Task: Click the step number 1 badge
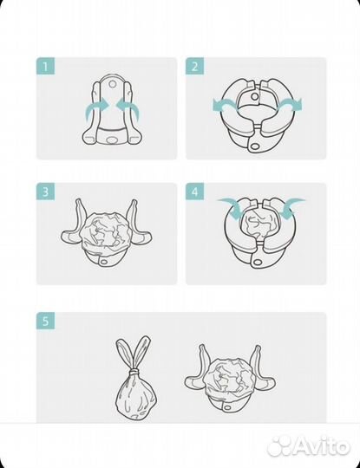(x=45, y=66)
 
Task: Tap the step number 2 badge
(x=195, y=66)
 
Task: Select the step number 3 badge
(x=45, y=192)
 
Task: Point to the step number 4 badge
(x=195, y=192)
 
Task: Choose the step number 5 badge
(x=45, y=321)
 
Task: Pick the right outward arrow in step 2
(x=291, y=106)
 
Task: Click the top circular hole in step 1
(x=112, y=84)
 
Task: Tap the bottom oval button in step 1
(x=112, y=140)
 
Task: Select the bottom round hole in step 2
(x=255, y=146)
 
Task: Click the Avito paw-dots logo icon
(x=279, y=447)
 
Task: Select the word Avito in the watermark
(x=320, y=446)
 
